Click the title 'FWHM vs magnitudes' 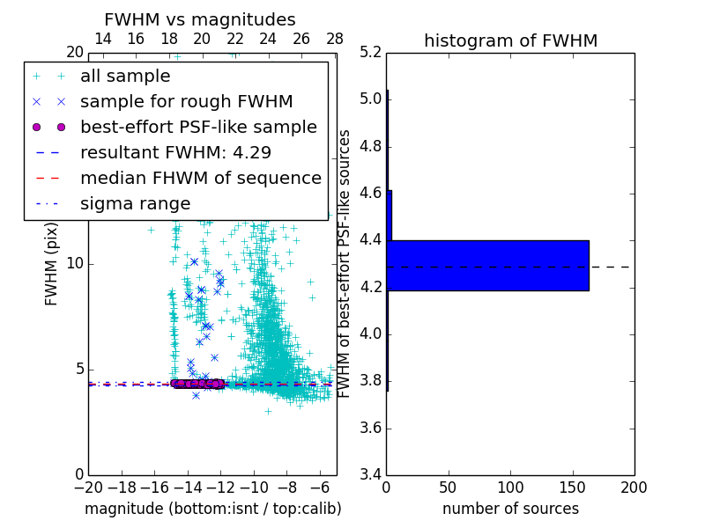200,19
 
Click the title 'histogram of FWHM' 510,40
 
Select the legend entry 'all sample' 125,77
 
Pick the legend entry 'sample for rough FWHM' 187,101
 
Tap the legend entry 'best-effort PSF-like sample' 198,127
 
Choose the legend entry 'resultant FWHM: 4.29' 175,152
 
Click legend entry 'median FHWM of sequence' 201,178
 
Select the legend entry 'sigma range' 135,203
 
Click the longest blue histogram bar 487,265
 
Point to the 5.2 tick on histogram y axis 372,52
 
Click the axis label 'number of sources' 510,509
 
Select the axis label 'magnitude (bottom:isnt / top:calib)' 212,509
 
